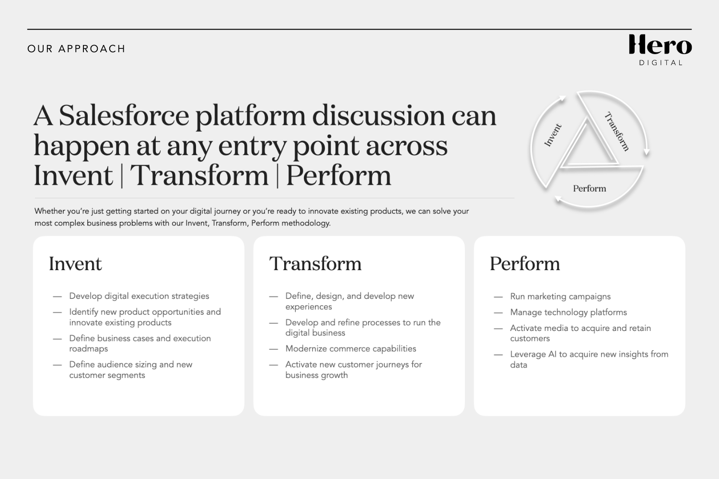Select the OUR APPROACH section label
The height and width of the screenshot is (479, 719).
click(x=76, y=49)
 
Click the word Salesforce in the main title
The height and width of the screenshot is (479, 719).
click(x=124, y=116)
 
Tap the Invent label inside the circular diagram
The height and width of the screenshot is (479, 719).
click(x=553, y=135)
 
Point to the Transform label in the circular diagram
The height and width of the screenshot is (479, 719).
click(x=616, y=131)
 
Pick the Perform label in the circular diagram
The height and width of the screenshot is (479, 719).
click(x=589, y=189)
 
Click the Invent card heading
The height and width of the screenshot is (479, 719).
click(x=75, y=264)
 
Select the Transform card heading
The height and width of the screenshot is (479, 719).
click(x=315, y=264)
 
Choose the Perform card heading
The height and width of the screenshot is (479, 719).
click(x=524, y=264)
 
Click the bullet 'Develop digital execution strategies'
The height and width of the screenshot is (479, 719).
click(x=139, y=296)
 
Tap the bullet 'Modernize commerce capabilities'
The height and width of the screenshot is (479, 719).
click(x=350, y=349)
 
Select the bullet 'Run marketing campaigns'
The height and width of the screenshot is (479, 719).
click(x=560, y=297)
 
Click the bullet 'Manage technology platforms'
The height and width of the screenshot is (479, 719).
click(x=568, y=312)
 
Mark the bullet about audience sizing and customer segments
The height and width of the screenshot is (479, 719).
click(x=130, y=370)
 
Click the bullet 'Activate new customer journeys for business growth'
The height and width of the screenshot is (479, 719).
click(x=353, y=370)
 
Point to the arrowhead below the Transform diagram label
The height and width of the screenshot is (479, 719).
click(x=647, y=152)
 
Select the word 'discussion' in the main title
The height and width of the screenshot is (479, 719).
click(x=378, y=116)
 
